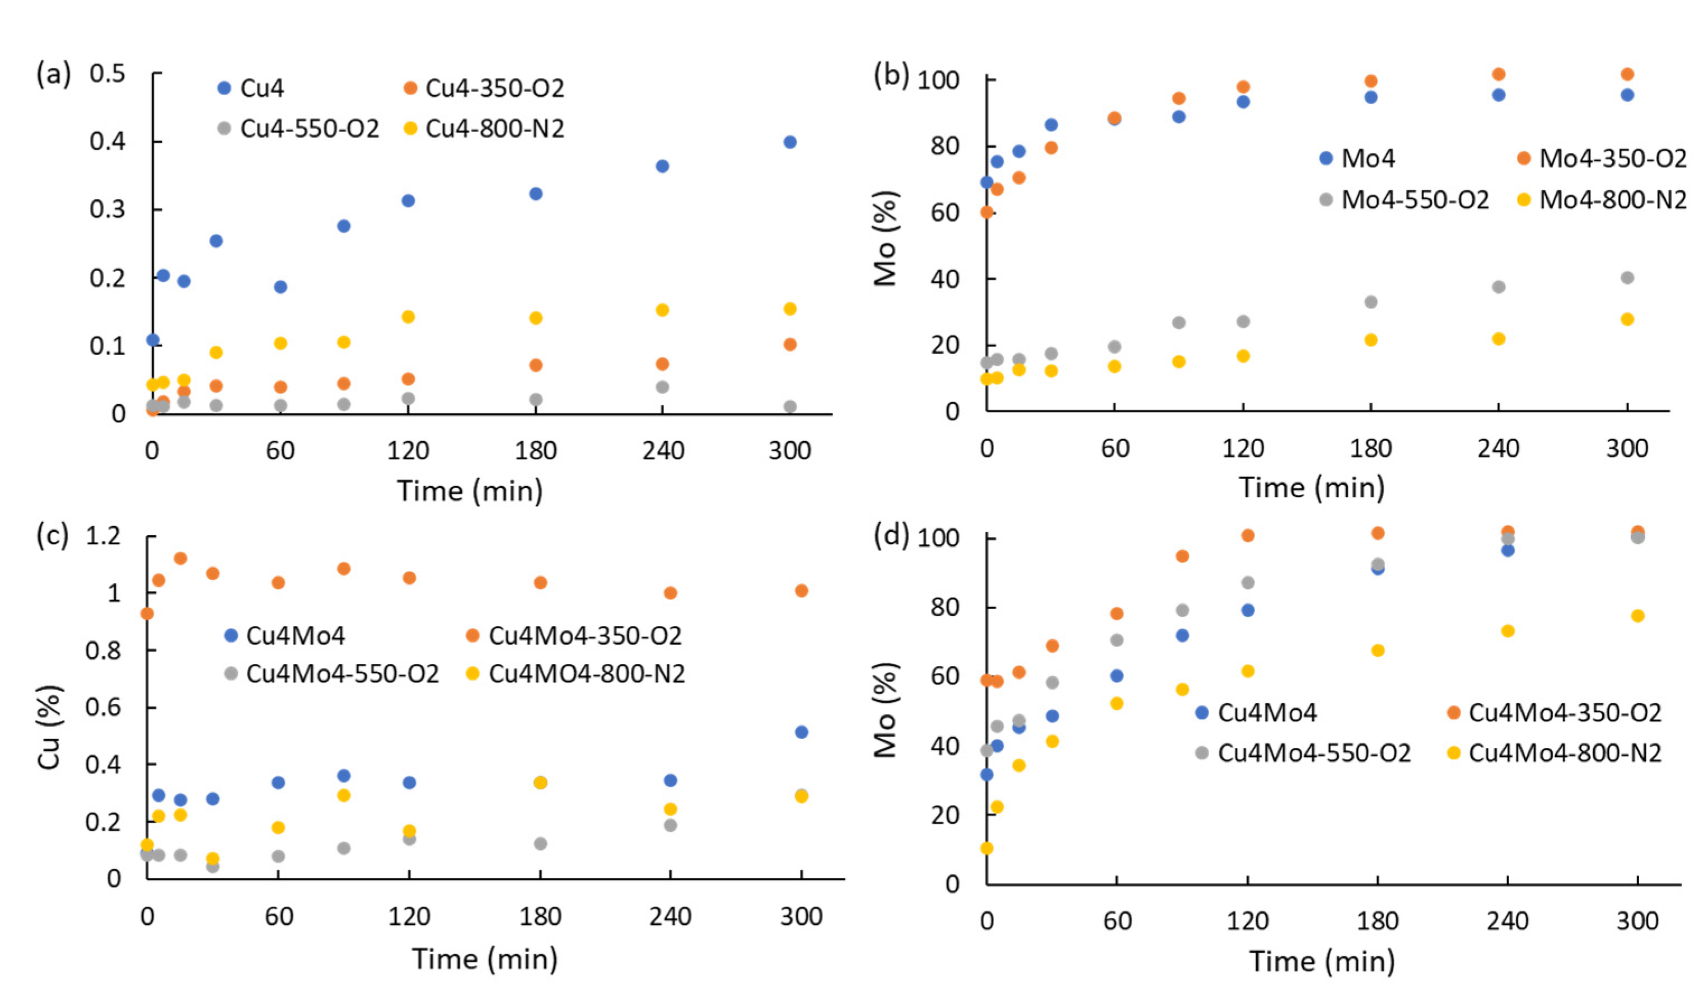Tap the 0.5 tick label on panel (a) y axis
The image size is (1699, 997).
[108, 73]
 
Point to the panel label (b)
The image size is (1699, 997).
[891, 74]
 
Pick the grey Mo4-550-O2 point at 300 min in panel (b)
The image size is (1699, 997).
[1627, 278]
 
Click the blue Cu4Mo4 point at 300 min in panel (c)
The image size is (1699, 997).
[801, 732]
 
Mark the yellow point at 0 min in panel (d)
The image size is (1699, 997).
[986, 848]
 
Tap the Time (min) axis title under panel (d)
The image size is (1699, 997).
[1322, 961]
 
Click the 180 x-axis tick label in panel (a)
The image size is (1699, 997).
[535, 450]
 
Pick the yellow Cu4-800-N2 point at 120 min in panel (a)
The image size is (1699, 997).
[408, 317]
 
